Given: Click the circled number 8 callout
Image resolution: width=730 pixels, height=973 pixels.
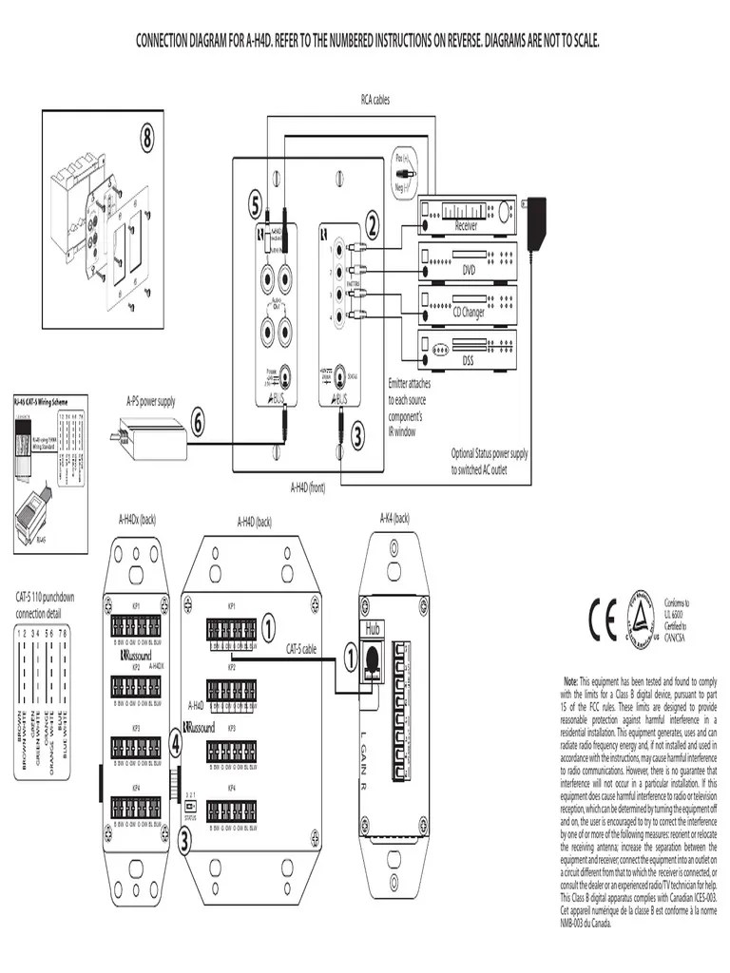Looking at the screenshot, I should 147,139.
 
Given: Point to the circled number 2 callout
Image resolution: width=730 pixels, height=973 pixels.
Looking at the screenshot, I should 372,225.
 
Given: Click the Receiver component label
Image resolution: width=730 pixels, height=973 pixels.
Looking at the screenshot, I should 466,225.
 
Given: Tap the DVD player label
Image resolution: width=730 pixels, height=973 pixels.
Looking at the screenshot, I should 468,270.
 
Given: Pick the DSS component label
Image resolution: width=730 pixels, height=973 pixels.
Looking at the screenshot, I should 468,360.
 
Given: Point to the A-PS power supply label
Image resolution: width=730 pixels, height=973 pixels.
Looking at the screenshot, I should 151,402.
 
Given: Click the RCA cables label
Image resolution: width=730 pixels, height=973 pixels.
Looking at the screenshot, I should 375,99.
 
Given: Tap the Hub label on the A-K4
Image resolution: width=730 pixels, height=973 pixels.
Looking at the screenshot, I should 371,628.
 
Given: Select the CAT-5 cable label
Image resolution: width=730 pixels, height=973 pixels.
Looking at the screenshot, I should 303,649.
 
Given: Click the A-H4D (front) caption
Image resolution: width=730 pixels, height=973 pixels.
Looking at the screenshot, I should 308,487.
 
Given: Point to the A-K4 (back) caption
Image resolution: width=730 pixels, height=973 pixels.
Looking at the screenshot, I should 394,518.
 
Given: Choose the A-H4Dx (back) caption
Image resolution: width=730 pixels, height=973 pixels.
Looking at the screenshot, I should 137,520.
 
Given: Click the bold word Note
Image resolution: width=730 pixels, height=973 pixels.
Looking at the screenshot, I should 570,681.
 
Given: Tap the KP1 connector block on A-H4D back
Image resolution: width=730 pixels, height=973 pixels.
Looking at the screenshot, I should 232,630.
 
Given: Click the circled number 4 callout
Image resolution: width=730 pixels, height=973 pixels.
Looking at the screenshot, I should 176,744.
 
